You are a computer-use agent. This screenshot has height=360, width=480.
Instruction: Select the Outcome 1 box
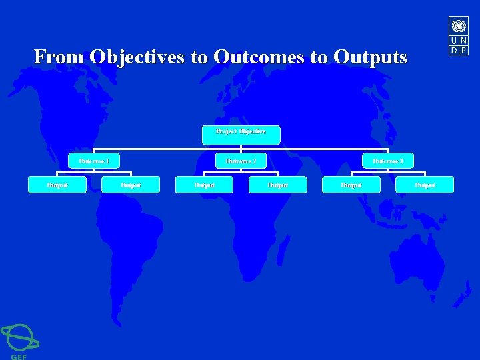[x=93, y=161]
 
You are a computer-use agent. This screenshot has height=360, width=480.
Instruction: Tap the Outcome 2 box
[x=241, y=161]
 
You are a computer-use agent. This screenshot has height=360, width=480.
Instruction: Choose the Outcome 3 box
[x=387, y=161]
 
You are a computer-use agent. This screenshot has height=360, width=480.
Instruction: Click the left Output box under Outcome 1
[x=57, y=185]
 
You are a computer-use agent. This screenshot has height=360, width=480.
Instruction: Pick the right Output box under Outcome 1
[x=131, y=185]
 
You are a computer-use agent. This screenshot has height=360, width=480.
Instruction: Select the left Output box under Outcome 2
[x=204, y=185]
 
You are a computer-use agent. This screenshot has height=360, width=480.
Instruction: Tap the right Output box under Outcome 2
[x=277, y=185]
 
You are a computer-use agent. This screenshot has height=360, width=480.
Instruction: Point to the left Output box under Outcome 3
[x=351, y=185]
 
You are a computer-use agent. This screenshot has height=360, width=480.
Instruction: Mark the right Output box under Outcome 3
[x=425, y=185]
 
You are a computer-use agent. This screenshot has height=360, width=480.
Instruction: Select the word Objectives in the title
[x=138, y=57]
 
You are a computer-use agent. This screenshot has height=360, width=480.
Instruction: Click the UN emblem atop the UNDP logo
[x=459, y=26]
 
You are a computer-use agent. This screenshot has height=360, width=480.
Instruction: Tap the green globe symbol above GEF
[x=19, y=337]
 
